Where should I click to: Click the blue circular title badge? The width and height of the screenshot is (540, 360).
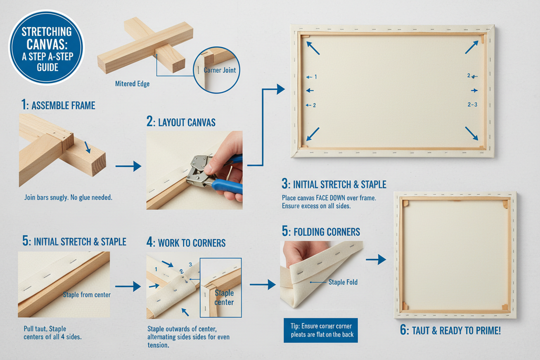click(x=47, y=48)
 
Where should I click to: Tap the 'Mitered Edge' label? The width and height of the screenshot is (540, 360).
click(x=132, y=84)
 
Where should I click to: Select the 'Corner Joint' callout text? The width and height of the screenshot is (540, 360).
click(x=219, y=70)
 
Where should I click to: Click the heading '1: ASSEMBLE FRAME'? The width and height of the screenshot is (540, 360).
click(x=58, y=105)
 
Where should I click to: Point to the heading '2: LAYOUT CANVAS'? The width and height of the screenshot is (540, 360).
click(x=181, y=122)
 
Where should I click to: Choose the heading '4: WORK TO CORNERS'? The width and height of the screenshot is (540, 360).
click(x=186, y=243)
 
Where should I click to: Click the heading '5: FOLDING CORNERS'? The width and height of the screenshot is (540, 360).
click(x=321, y=231)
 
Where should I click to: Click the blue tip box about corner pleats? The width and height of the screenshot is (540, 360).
click(x=321, y=330)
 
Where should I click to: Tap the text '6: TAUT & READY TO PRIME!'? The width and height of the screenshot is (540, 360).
click(x=450, y=330)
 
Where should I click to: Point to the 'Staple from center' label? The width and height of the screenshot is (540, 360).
click(x=86, y=295)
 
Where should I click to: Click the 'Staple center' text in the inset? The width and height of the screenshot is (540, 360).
click(x=224, y=297)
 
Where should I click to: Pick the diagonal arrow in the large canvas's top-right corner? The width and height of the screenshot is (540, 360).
click(x=471, y=47)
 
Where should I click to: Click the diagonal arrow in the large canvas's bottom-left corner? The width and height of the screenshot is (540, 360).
click(x=313, y=134)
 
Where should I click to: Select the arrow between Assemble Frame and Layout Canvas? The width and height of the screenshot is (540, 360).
click(x=128, y=167)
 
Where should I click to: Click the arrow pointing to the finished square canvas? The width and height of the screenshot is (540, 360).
click(x=376, y=259)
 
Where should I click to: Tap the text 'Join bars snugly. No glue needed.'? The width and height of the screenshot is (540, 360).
click(x=68, y=198)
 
